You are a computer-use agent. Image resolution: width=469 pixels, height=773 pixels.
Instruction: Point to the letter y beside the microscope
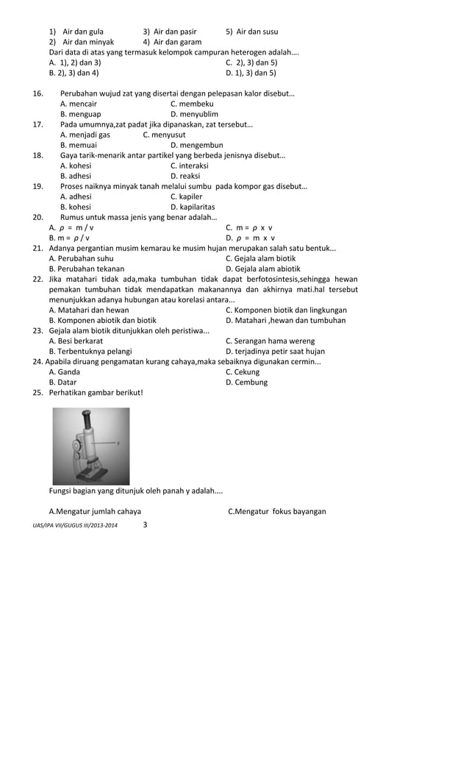[x=118, y=444]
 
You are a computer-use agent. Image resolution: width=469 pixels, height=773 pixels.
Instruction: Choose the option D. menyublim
[x=194, y=114]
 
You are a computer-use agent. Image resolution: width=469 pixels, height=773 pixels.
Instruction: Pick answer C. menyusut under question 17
[x=164, y=135]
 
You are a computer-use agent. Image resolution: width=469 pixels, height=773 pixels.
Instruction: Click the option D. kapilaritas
[x=193, y=207]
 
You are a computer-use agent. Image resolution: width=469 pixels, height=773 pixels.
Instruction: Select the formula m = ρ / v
[x=70, y=238]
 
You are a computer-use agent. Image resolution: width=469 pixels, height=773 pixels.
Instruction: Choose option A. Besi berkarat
[x=76, y=341]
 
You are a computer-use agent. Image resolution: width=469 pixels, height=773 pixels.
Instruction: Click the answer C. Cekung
[x=243, y=371]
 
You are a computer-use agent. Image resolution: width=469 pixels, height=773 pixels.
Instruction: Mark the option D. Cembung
[x=246, y=382]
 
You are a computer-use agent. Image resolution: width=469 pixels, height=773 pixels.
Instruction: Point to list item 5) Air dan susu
[x=251, y=32]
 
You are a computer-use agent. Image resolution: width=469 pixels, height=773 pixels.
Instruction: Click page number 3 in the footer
[x=145, y=524]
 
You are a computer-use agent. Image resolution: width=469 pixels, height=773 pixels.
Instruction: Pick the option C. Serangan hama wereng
[x=270, y=341]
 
